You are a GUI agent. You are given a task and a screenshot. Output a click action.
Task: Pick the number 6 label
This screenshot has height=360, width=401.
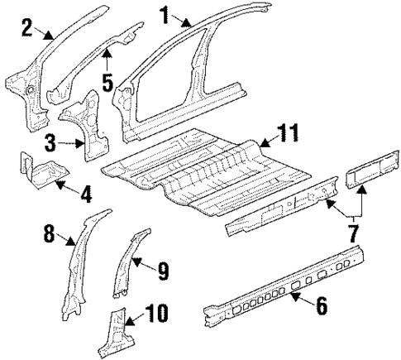tap(321, 306)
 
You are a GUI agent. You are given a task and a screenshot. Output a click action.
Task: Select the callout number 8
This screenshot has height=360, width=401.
tap(49, 234)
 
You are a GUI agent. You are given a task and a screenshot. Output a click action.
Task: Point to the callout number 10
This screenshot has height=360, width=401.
tap(156, 313)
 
